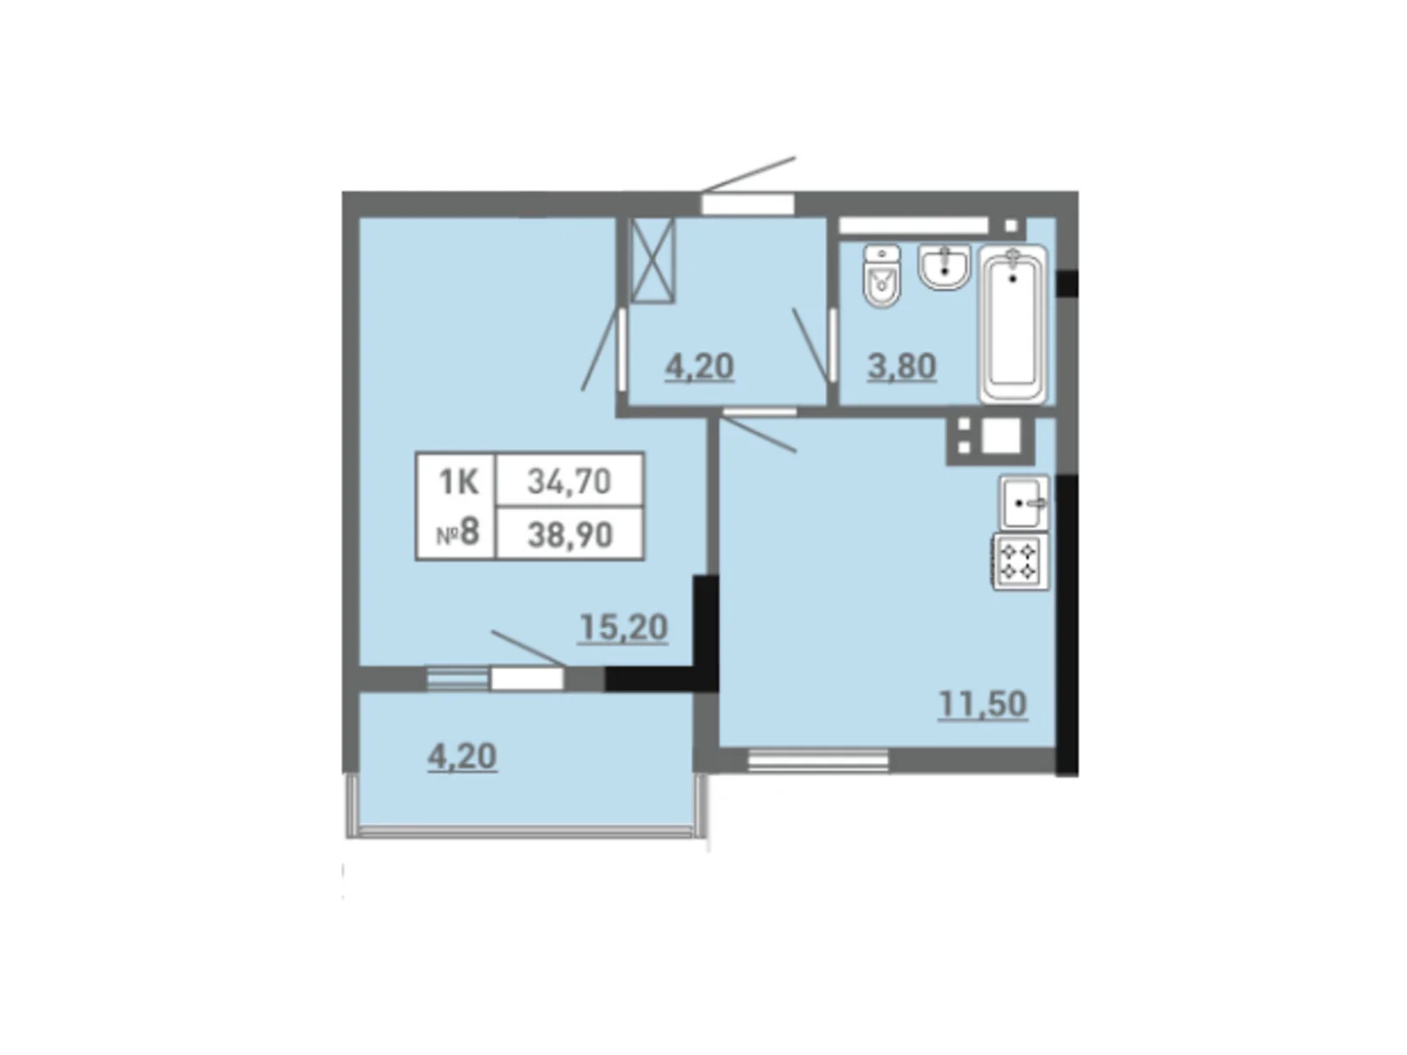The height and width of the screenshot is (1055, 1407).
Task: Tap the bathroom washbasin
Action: [944, 266]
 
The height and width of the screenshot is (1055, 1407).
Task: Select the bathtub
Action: [1013, 324]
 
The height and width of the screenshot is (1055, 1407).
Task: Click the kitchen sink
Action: [1024, 503]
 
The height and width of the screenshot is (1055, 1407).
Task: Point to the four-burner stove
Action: [1020, 561]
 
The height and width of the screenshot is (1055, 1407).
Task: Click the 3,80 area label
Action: [901, 366]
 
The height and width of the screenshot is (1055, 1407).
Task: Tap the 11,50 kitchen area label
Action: [982, 704]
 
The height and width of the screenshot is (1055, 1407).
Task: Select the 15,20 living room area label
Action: [623, 628]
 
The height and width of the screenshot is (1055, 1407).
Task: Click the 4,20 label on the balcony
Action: [462, 757]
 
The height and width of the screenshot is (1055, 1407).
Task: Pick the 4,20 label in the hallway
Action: [699, 366]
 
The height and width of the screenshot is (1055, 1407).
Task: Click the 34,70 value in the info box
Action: [569, 481]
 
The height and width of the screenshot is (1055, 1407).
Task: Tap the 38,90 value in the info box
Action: [569, 534]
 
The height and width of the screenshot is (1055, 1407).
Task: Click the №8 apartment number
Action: [458, 533]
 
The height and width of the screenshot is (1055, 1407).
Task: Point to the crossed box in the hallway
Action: [652, 260]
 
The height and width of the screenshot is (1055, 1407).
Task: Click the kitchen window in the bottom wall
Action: [818, 760]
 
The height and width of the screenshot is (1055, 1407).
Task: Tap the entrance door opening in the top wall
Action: [747, 204]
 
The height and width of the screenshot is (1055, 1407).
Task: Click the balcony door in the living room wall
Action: [526, 679]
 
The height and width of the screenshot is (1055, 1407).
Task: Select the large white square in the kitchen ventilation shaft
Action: [1001, 437]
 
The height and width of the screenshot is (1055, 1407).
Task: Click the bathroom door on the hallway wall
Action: [831, 346]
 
